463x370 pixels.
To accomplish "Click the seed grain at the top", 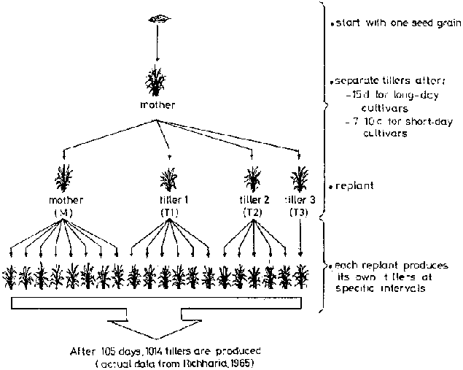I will [157, 18].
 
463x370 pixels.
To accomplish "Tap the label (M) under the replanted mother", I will [64, 212].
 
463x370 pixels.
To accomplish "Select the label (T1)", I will [169, 212].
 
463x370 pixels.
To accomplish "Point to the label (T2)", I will [253, 212].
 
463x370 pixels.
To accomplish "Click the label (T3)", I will [297, 212].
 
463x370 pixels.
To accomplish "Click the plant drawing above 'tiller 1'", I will [169, 178].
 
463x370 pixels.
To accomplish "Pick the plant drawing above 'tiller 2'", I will [253, 178].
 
